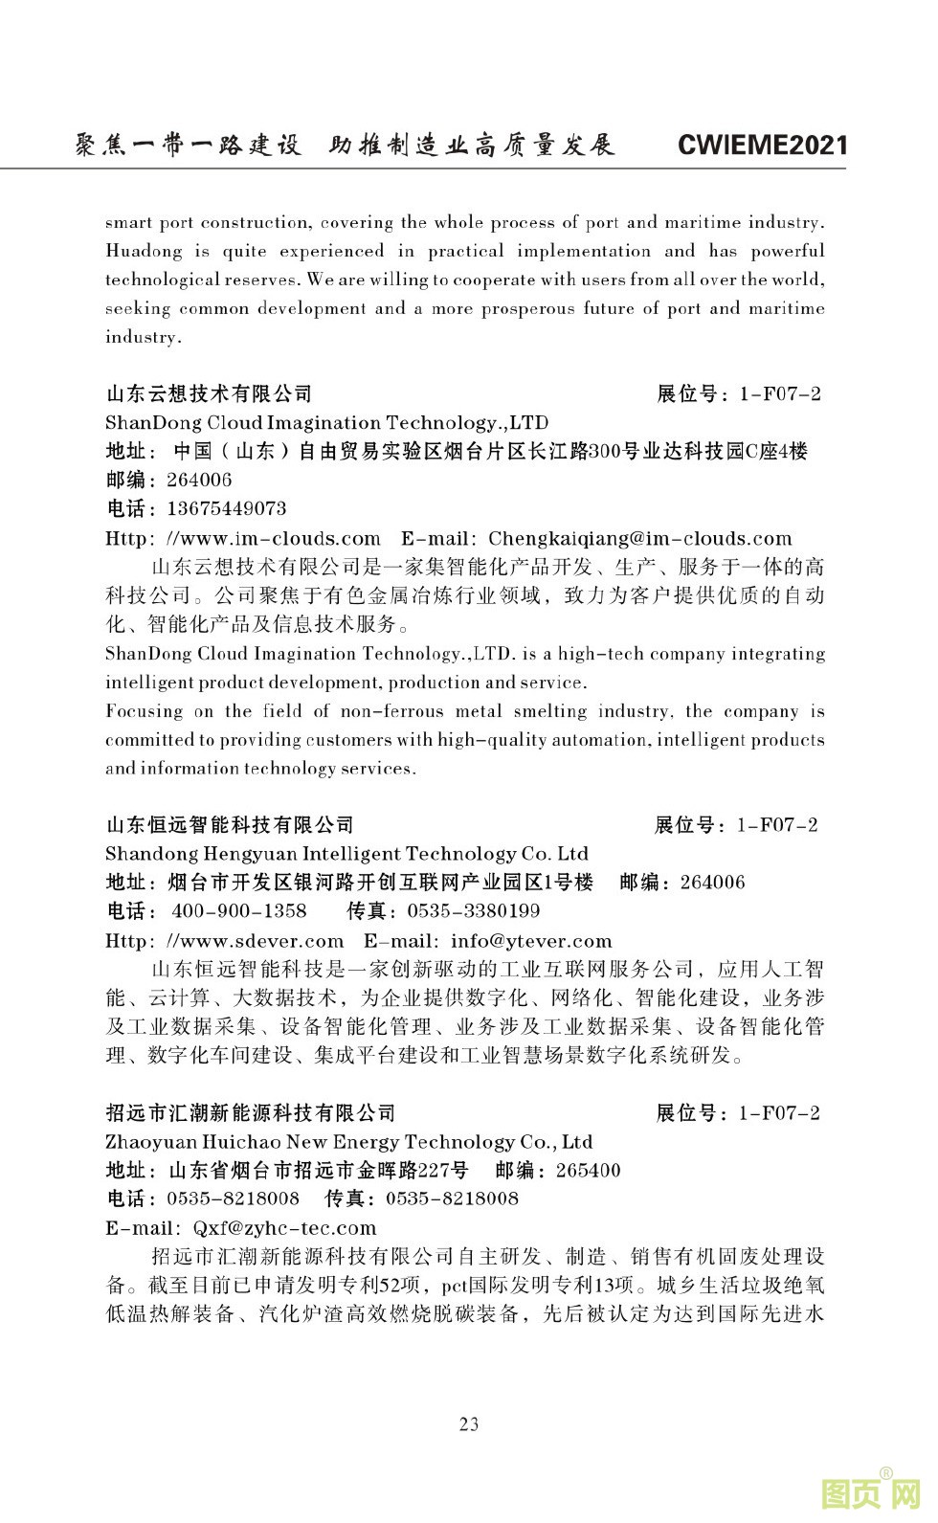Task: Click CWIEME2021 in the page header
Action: tap(762, 145)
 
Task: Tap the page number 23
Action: tap(469, 1423)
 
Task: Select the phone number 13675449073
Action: tap(226, 508)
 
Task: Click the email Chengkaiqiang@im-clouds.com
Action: tap(639, 538)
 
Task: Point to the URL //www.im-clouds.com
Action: tap(273, 538)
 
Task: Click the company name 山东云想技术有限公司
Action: tap(209, 393)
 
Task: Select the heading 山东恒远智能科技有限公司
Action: tap(230, 824)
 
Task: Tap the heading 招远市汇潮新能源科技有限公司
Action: tap(251, 1112)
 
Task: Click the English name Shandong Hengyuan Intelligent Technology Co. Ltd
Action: tap(346, 853)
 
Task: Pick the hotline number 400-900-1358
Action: tap(239, 910)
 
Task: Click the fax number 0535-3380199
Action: tap(474, 910)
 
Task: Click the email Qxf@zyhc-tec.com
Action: tap(284, 1227)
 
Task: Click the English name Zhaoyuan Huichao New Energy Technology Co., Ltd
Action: tap(348, 1141)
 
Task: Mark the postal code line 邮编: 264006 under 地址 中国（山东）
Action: tap(168, 480)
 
